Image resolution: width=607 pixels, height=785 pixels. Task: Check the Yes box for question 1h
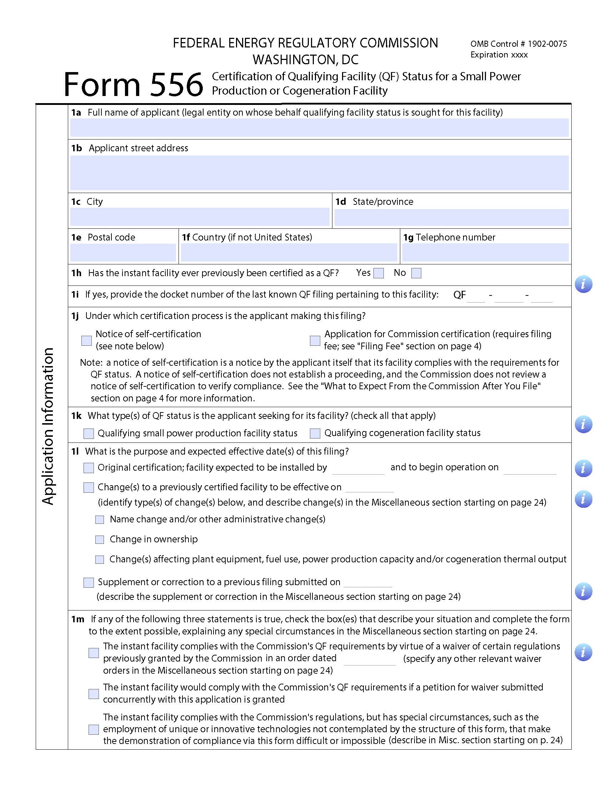click(378, 273)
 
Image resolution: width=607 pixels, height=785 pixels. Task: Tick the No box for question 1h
click(416, 273)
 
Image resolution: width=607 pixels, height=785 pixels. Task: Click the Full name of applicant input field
click(319, 128)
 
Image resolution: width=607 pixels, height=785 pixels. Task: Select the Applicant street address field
click(319, 173)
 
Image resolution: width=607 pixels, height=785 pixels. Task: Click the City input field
click(200, 217)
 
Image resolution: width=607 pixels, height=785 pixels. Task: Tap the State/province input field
click(451, 217)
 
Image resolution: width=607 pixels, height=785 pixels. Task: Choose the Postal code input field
click(123, 252)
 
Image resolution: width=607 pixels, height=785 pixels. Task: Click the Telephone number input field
click(485, 252)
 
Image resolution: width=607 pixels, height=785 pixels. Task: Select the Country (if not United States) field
click(289, 252)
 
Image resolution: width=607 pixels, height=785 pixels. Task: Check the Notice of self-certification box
click(87, 340)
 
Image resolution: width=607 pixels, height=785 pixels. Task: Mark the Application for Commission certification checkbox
click(315, 340)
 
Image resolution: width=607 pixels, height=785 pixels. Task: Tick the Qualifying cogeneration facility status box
click(315, 433)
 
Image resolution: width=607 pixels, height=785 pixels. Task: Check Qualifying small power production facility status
click(89, 434)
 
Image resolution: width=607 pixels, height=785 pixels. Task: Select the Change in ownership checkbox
click(100, 540)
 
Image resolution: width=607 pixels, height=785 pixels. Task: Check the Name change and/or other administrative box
click(100, 520)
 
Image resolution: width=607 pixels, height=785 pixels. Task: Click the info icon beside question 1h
click(583, 284)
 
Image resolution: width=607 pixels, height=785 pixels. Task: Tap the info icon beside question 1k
click(583, 425)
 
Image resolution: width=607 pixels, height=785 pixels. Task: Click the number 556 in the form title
click(176, 85)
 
